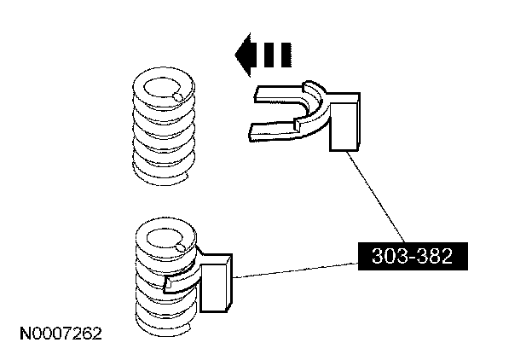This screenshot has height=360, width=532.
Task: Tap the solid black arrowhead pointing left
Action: tap(246, 55)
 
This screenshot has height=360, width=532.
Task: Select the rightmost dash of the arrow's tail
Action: tap(286, 55)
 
